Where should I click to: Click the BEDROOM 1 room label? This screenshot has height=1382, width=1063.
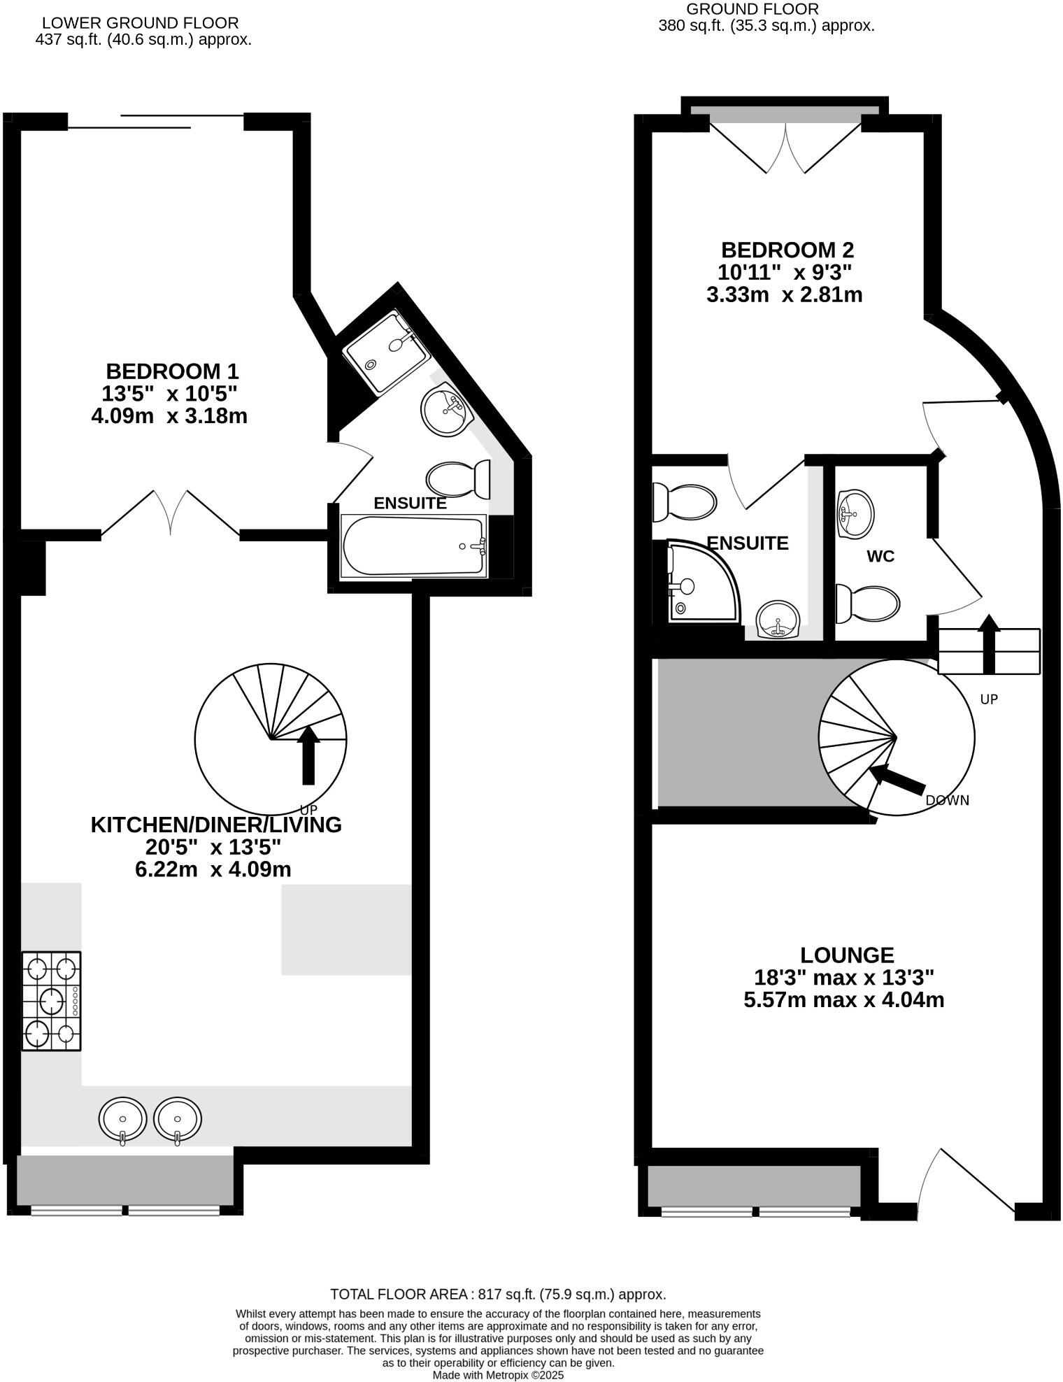tap(172, 371)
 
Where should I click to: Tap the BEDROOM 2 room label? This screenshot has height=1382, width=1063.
tap(787, 250)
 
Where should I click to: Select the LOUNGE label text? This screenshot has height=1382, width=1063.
tap(847, 955)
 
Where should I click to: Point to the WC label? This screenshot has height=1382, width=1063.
tap(880, 557)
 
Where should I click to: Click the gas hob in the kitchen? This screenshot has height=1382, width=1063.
tap(51, 1000)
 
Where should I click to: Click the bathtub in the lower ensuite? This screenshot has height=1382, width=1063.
tap(413, 546)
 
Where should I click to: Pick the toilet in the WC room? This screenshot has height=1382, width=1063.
tap(868, 603)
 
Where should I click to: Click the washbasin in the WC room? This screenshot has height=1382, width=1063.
tap(855, 513)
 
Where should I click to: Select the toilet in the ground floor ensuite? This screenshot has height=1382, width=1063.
tap(683, 501)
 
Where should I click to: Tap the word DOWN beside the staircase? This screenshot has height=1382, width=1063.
tap(947, 801)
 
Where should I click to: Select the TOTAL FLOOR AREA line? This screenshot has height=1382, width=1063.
tap(497, 1295)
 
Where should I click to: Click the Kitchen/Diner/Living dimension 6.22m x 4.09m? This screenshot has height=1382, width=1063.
tap(213, 869)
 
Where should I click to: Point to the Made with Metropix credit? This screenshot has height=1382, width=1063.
tap(497, 1375)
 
